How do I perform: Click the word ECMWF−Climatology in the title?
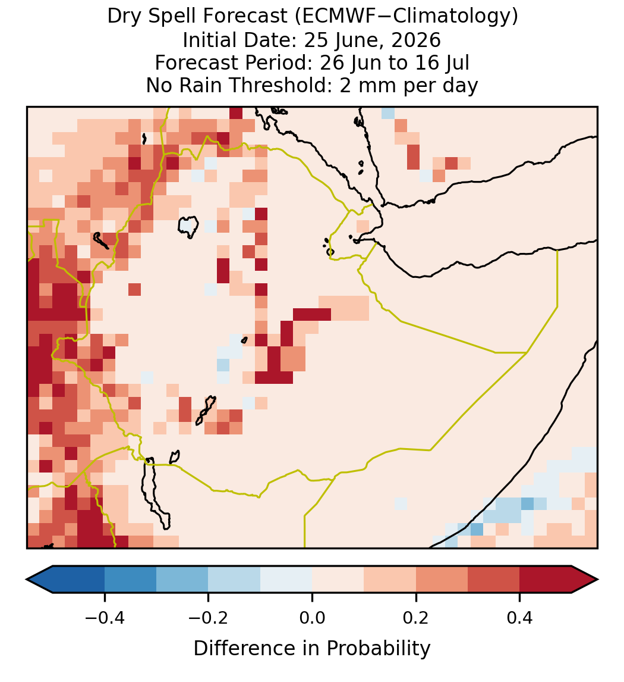[406, 17]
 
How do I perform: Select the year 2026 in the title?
[416, 40]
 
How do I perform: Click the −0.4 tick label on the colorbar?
[105, 617]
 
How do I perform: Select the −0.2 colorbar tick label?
[209, 617]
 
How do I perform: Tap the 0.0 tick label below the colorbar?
[312, 617]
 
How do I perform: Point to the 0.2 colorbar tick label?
[416, 617]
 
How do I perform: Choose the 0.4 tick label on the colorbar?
[520, 617]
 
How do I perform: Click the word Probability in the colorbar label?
[378, 649]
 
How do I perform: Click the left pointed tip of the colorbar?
[27, 580]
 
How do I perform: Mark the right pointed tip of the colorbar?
[598, 580]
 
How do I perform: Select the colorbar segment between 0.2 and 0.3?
[442, 580]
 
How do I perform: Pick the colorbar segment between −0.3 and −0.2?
[182, 580]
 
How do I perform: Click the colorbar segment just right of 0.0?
[338, 580]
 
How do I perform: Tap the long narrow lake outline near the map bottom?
[156, 492]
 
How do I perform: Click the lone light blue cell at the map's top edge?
[388, 112]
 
